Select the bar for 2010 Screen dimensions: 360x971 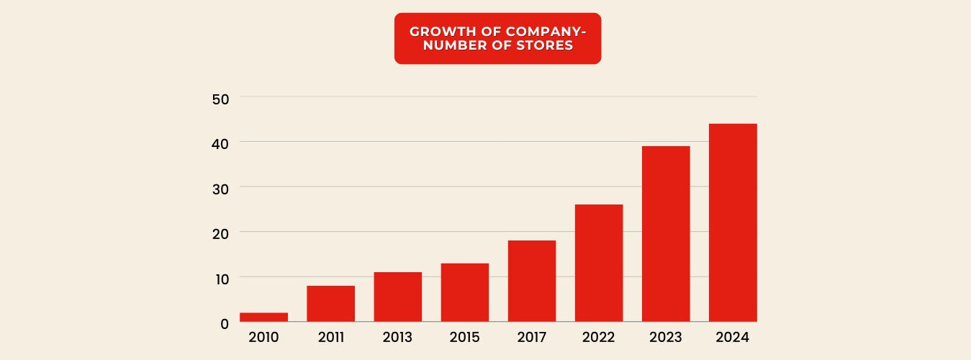pyautogui.click(x=263, y=317)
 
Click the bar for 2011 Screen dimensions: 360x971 pyautogui.click(x=330, y=304)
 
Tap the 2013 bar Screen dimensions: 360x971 pyautogui.click(x=397, y=297)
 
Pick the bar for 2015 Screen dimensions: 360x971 pyautogui.click(x=464, y=292)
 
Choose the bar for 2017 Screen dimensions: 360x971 pyautogui.click(x=531, y=281)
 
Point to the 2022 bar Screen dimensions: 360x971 pyautogui.click(x=599, y=263)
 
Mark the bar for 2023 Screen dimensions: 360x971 pyautogui.click(x=666, y=234)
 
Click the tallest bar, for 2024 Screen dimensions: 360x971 pyautogui.click(x=733, y=222)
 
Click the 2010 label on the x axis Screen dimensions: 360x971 pyautogui.click(x=263, y=337)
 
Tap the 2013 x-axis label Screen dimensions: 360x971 pyautogui.click(x=397, y=337)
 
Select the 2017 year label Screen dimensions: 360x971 pyautogui.click(x=531, y=337)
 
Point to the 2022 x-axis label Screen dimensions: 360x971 pyautogui.click(x=599, y=337)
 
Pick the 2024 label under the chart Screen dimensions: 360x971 pyautogui.click(x=733, y=337)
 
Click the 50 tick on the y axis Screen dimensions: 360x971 pyautogui.click(x=220, y=99)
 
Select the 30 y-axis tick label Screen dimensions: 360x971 pyautogui.click(x=220, y=189)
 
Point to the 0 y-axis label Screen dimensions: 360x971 pyautogui.click(x=225, y=324)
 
